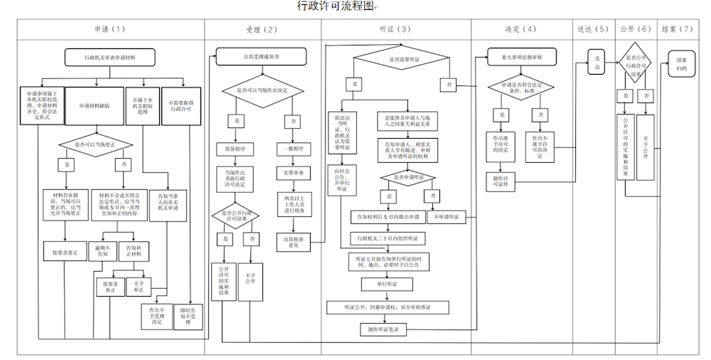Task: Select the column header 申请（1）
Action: [109, 29]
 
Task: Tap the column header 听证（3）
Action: [395, 29]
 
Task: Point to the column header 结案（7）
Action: [676, 29]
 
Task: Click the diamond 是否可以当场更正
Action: [95, 146]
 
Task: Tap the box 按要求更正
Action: [63, 253]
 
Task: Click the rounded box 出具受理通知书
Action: [261, 56]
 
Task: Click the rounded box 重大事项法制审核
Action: [527, 56]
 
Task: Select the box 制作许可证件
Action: [501, 179]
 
